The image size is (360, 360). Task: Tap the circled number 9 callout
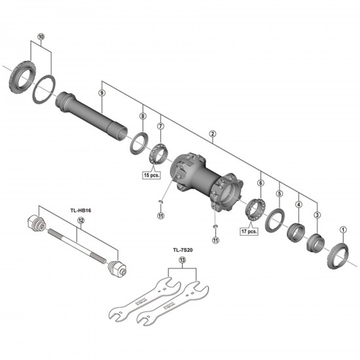[101, 93]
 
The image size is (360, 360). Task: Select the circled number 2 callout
[212, 135]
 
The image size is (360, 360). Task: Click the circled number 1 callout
[343, 228]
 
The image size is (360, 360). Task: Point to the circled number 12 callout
[81, 221]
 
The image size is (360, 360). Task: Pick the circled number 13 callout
[182, 260]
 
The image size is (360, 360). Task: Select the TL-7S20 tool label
[182, 250]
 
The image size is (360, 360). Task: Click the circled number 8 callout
[142, 116]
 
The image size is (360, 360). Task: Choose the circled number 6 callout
[260, 184]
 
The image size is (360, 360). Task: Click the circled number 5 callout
[279, 194]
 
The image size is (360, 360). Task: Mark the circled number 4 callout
[298, 204]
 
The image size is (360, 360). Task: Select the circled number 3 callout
[317, 215]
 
